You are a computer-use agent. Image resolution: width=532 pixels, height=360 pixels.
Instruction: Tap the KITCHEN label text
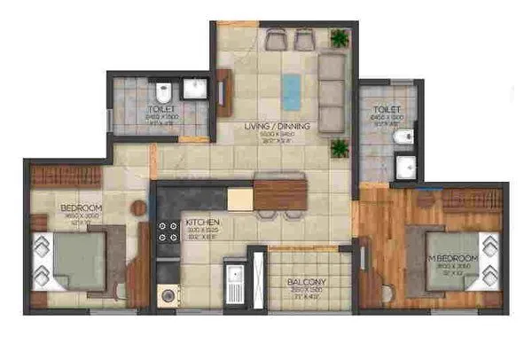201,222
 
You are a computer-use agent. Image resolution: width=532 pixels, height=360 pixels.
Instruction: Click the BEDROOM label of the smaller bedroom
81,209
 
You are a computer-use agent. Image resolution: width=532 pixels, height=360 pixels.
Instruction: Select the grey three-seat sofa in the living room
330,92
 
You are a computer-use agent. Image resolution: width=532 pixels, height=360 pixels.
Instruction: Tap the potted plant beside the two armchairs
339,38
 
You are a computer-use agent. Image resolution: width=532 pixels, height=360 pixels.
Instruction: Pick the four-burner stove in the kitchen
167,234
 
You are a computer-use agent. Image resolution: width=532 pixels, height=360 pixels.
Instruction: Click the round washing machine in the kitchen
167,295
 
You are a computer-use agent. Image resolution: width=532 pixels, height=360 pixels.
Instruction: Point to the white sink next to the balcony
234,283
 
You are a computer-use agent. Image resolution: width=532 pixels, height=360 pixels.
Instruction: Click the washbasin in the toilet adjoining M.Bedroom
405,165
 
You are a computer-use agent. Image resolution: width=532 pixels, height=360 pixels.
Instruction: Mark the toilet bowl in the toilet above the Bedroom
164,92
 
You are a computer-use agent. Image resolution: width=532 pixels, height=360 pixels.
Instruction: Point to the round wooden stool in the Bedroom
137,208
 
